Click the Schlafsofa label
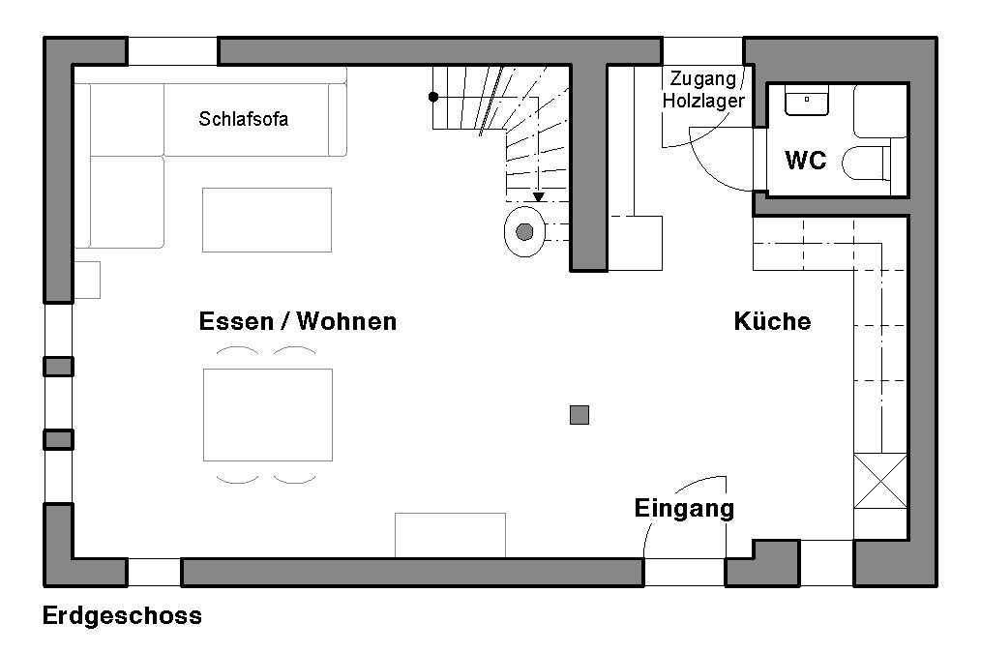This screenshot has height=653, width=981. [244, 120]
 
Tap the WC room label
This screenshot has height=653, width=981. [805, 161]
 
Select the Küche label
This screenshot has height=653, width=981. [772, 321]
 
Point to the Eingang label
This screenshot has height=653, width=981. [684, 508]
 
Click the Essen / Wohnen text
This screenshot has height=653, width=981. [298, 321]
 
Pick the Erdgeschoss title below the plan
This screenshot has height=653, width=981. [122, 616]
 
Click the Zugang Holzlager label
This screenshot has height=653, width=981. [703, 89]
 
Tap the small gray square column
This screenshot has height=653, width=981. [580, 415]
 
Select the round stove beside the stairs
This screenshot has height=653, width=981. [524, 232]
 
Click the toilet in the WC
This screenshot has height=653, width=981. [869, 163]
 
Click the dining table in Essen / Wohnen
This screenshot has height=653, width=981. [268, 414]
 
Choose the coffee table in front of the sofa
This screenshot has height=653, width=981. [267, 220]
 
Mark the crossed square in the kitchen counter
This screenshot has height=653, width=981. [878, 481]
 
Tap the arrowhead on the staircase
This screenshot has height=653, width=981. [539, 197]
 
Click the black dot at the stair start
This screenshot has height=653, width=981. [433, 97]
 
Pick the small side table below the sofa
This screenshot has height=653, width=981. [87, 280]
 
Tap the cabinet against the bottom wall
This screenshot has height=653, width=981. [450, 535]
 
